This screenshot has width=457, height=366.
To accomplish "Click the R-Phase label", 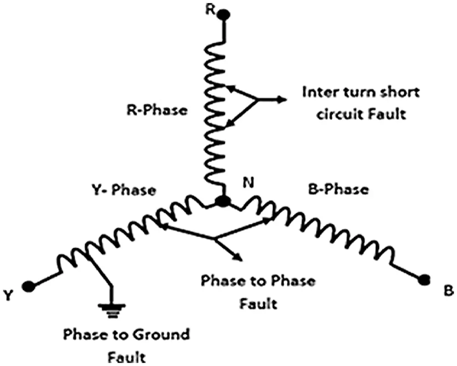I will click(x=156, y=111).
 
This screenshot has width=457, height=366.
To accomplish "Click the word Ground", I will click(x=163, y=334).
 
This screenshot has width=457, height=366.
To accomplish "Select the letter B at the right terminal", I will click(x=447, y=291).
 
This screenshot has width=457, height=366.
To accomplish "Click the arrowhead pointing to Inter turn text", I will click(x=281, y=99).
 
